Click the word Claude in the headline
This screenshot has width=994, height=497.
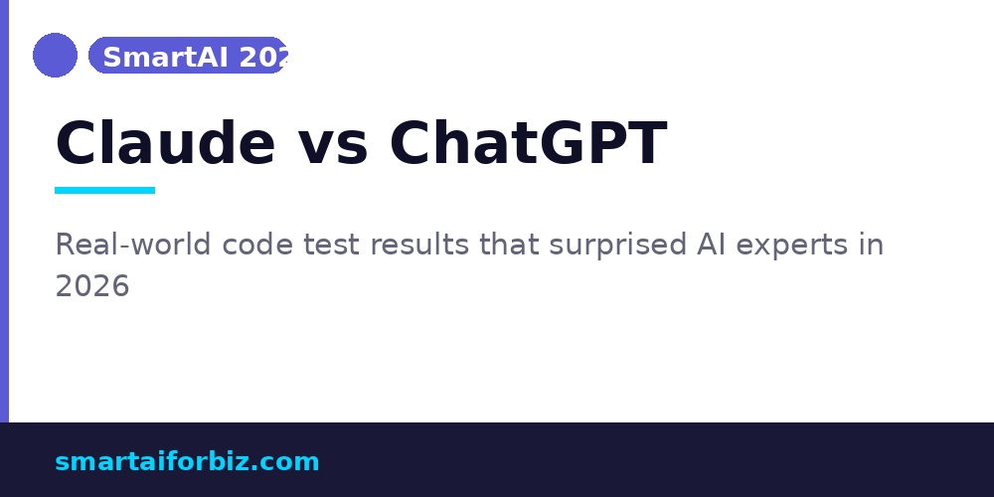165,143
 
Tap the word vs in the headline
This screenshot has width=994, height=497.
333,145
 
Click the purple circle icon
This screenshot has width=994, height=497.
55,55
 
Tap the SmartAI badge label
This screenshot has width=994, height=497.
189,57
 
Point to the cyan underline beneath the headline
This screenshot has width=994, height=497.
104,190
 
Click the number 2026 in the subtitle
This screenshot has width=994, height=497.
92,286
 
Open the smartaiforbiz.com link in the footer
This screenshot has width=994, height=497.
187,461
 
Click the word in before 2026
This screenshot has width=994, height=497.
871,245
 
